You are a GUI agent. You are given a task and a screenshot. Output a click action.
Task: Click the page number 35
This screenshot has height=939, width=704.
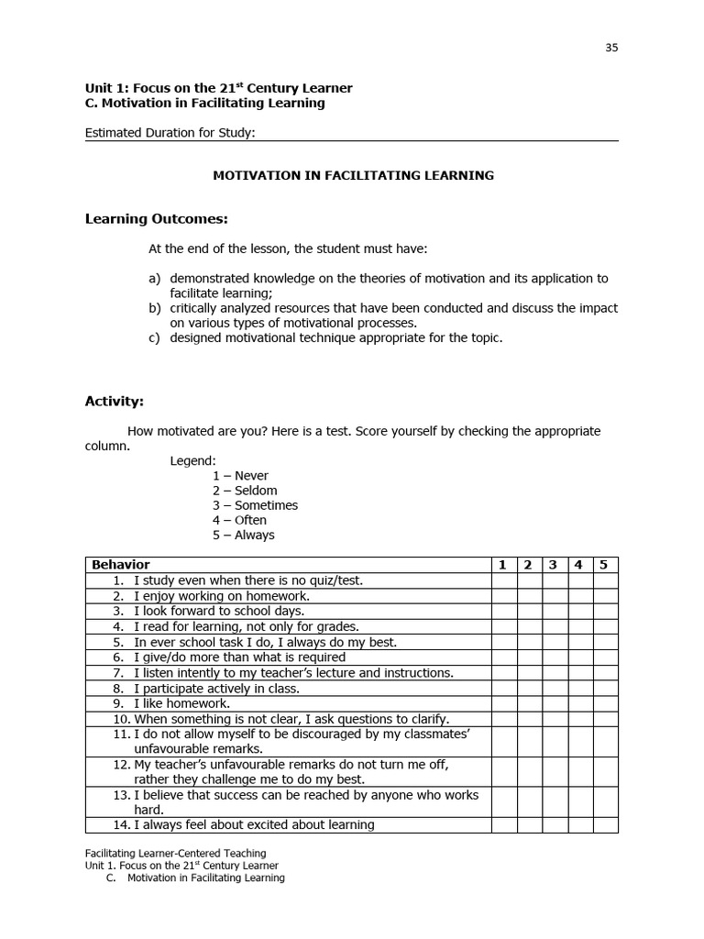point(611,48)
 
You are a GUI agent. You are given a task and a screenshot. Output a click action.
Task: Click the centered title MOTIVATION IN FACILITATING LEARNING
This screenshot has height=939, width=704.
point(353,175)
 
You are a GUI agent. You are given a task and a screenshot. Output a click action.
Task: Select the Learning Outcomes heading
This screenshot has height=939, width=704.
point(156,218)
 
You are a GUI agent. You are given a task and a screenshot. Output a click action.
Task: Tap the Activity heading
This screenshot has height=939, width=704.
point(115,401)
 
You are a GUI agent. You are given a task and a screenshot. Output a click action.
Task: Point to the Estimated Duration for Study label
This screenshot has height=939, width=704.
point(170,132)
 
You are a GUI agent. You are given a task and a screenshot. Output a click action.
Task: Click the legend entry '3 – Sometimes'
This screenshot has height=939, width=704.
point(255,505)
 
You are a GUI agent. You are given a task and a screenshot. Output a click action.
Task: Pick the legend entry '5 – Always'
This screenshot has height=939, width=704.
point(243,535)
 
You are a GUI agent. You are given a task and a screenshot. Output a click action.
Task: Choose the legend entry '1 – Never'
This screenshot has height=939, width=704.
point(240,476)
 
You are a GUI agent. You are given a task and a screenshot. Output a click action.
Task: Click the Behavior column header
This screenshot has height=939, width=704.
point(120,565)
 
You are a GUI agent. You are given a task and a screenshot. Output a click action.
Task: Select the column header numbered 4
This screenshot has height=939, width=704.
point(578,565)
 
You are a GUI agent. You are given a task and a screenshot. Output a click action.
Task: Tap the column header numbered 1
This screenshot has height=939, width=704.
point(502,565)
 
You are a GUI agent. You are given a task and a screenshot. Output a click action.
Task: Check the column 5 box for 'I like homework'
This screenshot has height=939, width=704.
point(604,703)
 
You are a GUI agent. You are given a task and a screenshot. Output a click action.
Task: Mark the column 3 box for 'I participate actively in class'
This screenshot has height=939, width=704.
point(554,688)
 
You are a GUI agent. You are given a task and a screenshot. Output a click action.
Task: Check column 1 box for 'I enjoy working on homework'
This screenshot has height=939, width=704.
point(503,595)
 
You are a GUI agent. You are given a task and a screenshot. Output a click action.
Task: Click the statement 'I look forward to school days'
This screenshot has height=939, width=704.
point(219,611)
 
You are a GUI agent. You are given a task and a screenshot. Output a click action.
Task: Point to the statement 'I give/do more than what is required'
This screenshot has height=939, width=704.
point(239,657)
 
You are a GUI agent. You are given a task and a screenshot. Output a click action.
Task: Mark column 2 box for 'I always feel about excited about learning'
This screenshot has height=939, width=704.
point(528,824)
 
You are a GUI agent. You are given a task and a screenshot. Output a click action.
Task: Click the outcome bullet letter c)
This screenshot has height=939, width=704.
point(154,337)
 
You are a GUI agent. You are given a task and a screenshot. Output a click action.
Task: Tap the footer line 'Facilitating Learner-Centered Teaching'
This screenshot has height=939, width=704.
point(175,853)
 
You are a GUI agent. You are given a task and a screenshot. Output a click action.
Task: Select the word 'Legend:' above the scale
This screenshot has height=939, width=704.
point(192,460)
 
